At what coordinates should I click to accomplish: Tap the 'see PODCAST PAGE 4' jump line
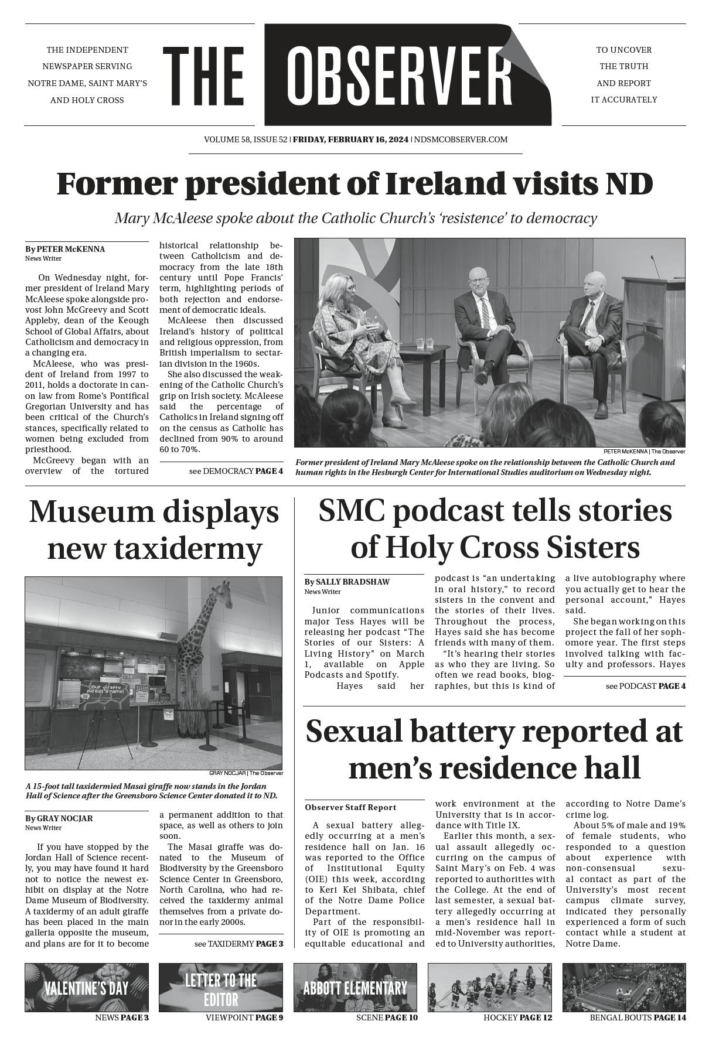pyautogui.click(x=645, y=686)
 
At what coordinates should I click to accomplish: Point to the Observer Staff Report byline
pyautogui.click(x=350, y=807)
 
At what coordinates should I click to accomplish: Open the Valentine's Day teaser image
pyautogui.click(x=87, y=987)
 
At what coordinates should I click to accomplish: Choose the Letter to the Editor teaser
pyautogui.click(x=221, y=987)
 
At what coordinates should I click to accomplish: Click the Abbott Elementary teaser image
pyautogui.click(x=355, y=987)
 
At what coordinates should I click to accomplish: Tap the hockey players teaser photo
pyautogui.click(x=489, y=987)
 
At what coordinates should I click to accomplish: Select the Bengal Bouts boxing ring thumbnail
pyautogui.click(x=624, y=987)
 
